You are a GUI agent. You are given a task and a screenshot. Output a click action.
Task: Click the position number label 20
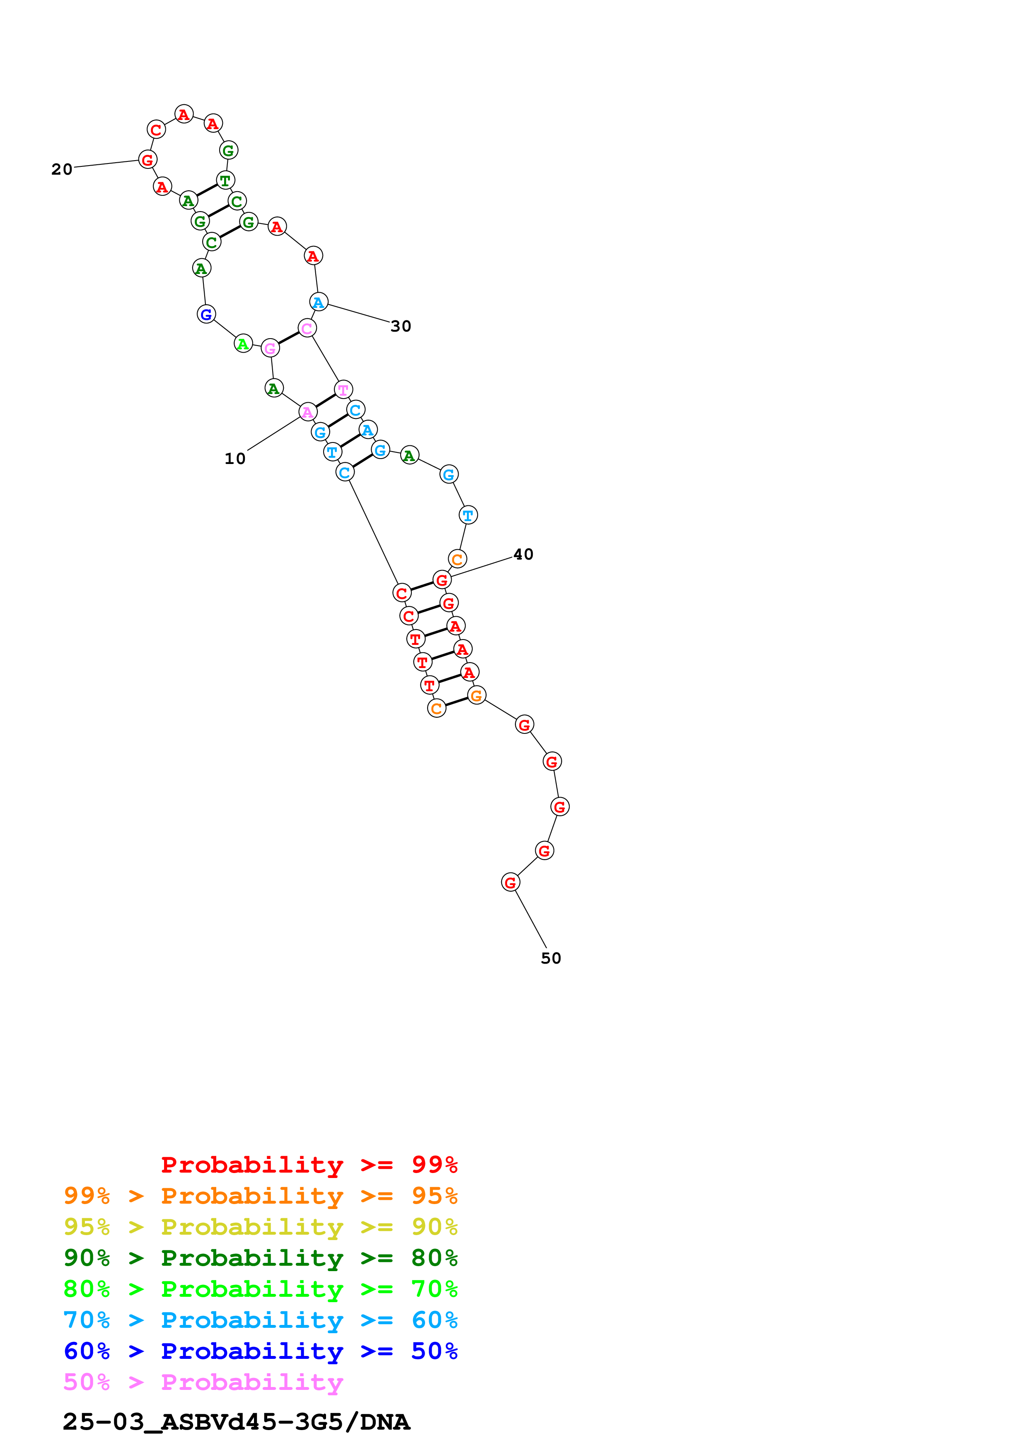coord(62,169)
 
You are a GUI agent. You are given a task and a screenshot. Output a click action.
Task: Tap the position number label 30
coord(401,326)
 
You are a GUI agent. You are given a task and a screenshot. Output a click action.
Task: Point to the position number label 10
coord(235,459)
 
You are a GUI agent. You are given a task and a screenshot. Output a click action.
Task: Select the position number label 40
coord(523,554)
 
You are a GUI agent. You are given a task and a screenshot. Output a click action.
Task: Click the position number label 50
coord(551,958)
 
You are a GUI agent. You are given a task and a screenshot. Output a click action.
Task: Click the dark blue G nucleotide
coord(206,314)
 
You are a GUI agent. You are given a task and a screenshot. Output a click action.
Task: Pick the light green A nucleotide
coord(243,344)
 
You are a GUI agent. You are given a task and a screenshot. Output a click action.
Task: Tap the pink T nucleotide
coord(343,389)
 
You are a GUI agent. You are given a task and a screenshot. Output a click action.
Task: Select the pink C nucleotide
coord(307,328)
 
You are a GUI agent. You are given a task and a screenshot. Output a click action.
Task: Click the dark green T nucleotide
coord(225,180)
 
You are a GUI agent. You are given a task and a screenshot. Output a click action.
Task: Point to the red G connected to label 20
coord(147,159)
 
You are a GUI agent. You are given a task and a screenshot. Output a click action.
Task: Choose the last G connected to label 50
coord(510,882)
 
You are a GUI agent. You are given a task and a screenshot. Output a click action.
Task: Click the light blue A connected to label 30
coord(318,302)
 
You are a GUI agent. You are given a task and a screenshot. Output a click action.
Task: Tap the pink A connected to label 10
coord(307,412)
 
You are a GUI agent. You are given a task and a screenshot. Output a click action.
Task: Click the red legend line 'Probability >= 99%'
coord(309,1165)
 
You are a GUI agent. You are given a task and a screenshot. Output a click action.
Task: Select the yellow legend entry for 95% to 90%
coord(260,1227)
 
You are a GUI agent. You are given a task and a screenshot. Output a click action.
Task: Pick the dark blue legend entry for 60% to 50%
coord(260,1351)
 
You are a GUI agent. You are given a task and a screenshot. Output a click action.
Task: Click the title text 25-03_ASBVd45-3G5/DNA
coord(236,1422)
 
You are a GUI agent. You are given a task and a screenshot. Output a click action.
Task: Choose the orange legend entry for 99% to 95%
coord(260,1196)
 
